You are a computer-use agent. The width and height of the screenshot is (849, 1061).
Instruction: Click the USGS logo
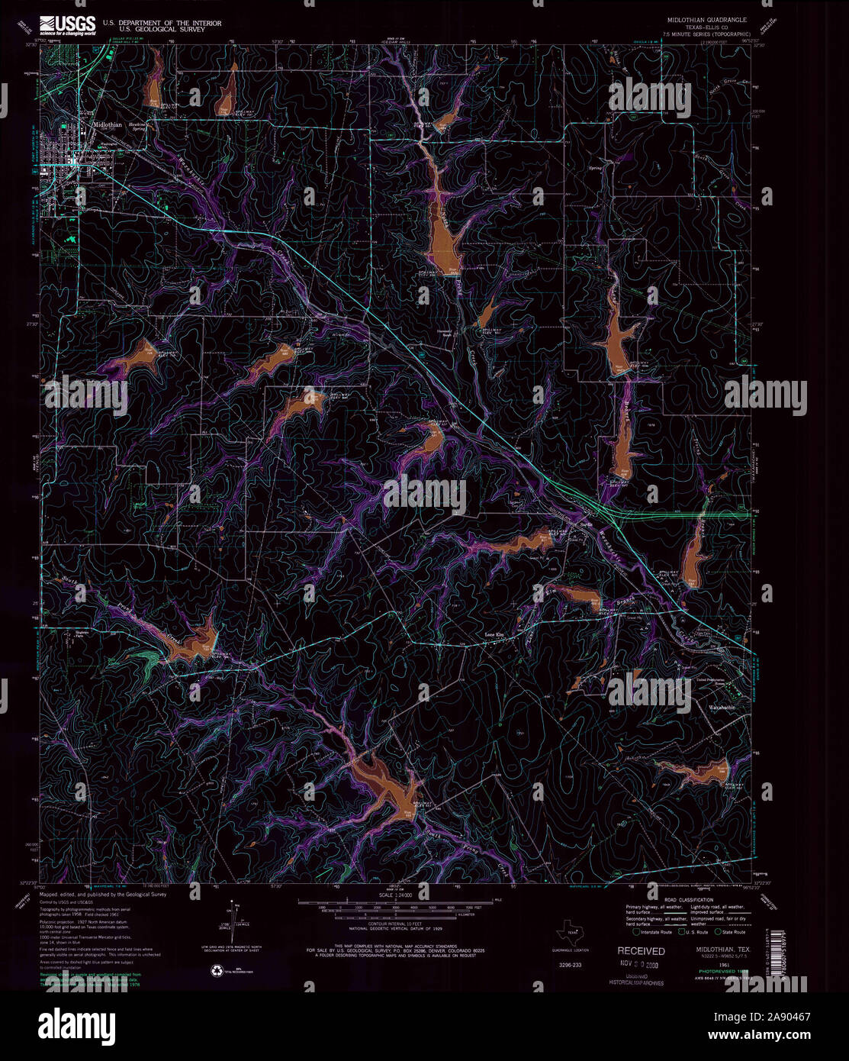point(68,24)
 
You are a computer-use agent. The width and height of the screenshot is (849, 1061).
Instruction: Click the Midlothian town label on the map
point(107,125)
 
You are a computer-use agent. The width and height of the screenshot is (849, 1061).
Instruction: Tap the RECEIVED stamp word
point(641,951)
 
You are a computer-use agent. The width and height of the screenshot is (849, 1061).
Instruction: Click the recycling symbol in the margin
point(214,970)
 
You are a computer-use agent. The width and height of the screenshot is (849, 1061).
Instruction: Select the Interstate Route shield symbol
point(636,931)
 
